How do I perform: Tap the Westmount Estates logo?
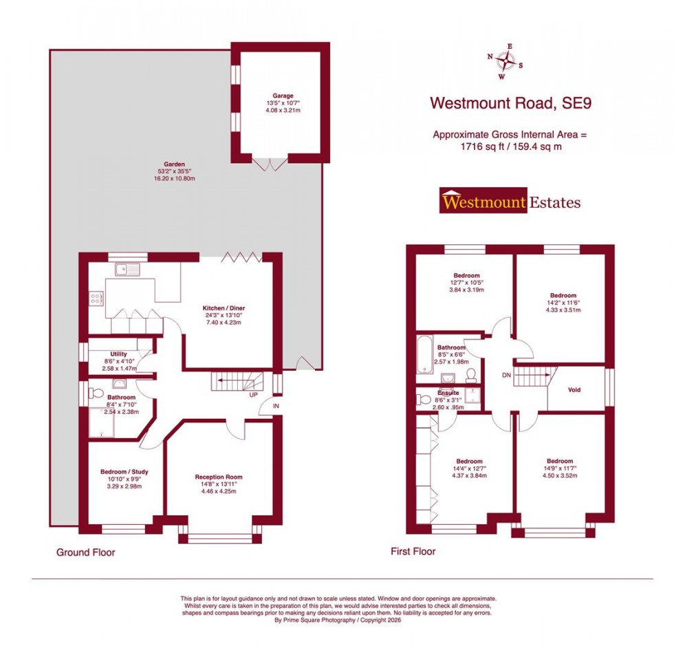pos(510,202)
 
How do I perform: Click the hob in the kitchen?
pos(96,299)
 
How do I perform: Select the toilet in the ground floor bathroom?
pos(95,393)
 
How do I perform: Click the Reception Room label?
pos(218,477)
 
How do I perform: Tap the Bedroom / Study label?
pos(124,472)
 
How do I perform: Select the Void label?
pos(574,390)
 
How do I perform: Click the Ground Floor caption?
pos(85,552)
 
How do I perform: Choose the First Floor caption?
pos(413,551)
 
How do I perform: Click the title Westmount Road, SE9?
pos(510,103)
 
